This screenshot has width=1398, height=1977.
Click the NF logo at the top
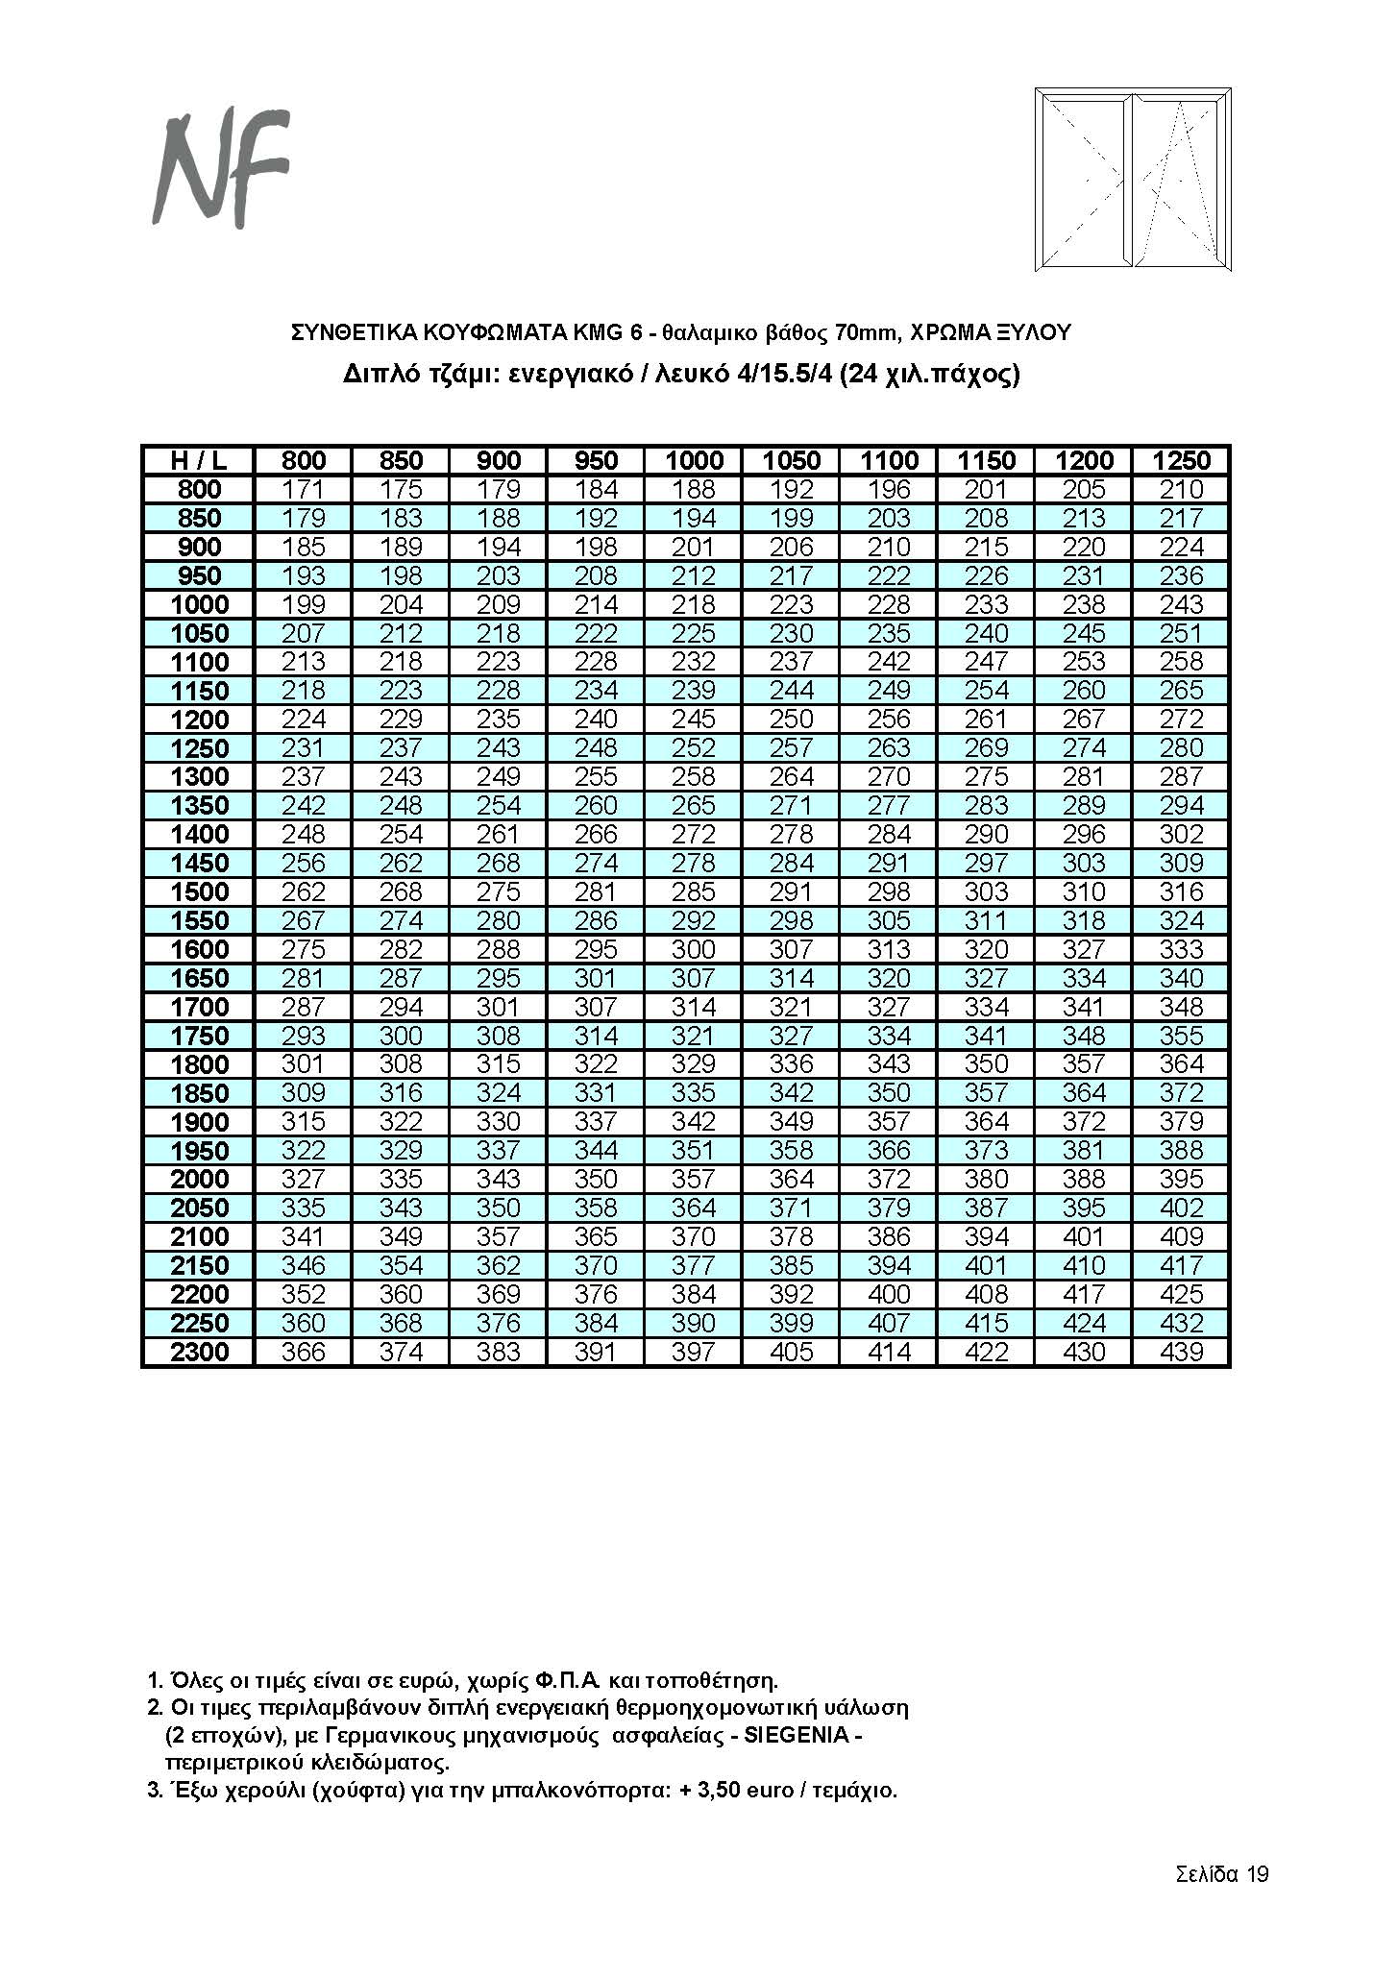pos(220,168)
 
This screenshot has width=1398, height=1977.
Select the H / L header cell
pos(199,460)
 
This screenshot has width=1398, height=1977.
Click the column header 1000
pos(694,460)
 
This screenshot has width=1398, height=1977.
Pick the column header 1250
pos(1181,460)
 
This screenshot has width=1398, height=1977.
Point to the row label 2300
pos(200,1353)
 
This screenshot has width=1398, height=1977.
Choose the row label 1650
pos(200,979)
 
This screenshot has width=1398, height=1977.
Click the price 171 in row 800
pos(304,489)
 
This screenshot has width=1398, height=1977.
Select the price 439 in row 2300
pos(1181,1353)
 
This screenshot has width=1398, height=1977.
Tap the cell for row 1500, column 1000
pos(694,892)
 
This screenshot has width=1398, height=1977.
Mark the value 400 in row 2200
pos(889,1295)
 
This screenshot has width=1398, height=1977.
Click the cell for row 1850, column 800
pos(304,1093)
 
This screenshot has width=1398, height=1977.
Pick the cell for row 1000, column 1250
pos(1181,605)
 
